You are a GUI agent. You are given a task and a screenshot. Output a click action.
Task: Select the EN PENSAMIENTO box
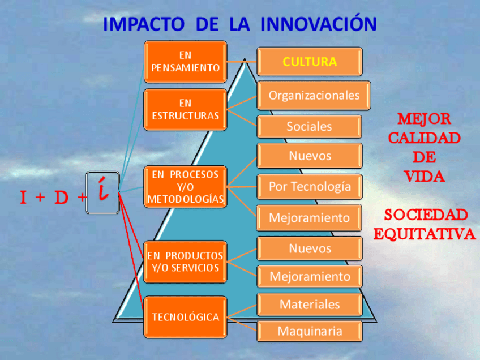185,62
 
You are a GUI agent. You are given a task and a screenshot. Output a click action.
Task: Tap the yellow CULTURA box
310,62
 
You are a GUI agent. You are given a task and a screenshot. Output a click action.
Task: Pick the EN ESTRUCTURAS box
185,110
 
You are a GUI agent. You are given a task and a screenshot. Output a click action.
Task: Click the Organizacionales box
314,96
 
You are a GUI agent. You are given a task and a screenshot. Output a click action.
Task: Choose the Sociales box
309,126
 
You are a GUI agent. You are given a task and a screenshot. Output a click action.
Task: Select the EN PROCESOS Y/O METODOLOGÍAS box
185,187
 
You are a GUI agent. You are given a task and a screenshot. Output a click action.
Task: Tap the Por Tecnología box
310,186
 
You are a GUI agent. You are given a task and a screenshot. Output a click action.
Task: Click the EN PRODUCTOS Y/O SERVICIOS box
185,262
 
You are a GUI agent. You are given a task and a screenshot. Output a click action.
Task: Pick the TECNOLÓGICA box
185,317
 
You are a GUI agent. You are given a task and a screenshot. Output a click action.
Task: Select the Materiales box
310,305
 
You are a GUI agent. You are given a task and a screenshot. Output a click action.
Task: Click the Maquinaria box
310,331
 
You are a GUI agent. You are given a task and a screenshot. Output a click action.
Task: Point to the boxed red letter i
103,192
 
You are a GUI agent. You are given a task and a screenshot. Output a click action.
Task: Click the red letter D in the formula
61,198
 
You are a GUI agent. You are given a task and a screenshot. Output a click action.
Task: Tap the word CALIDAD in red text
425,138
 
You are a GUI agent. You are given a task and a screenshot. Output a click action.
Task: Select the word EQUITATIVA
425,234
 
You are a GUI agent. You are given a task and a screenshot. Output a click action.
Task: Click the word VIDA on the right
425,177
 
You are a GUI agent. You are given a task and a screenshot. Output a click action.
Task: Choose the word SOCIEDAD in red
426,215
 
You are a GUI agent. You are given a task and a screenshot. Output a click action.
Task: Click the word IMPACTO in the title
144,24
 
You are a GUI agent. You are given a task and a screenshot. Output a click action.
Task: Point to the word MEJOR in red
424,119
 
